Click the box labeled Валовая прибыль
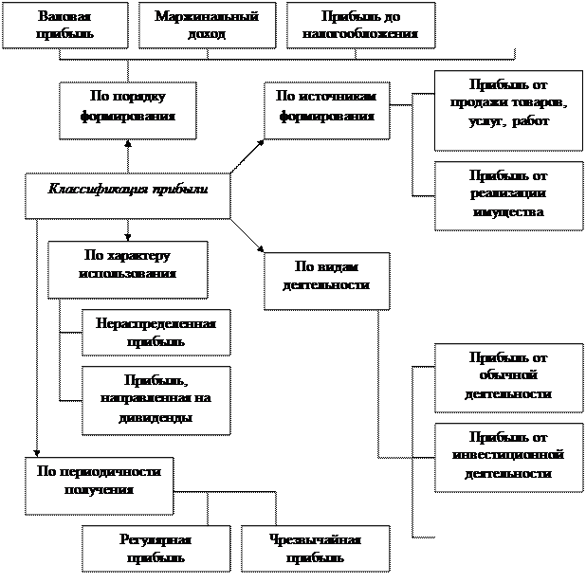click(64, 26)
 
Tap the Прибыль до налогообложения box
click(360, 26)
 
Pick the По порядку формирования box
click(127, 110)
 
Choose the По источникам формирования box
click(325, 110)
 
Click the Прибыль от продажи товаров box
click(508, 110)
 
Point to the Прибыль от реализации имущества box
click(508, 195)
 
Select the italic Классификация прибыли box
click(127, 194)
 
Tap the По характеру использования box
click(127, 268)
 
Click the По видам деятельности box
click(325, 280)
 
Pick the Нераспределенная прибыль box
click(156, 332)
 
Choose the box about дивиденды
click(156, 400)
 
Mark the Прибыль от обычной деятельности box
click(508, 376)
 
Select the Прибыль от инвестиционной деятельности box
click(508, 457)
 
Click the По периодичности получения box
click(99, 484)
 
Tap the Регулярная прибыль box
click(156, 548)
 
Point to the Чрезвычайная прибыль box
click(315, 548)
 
